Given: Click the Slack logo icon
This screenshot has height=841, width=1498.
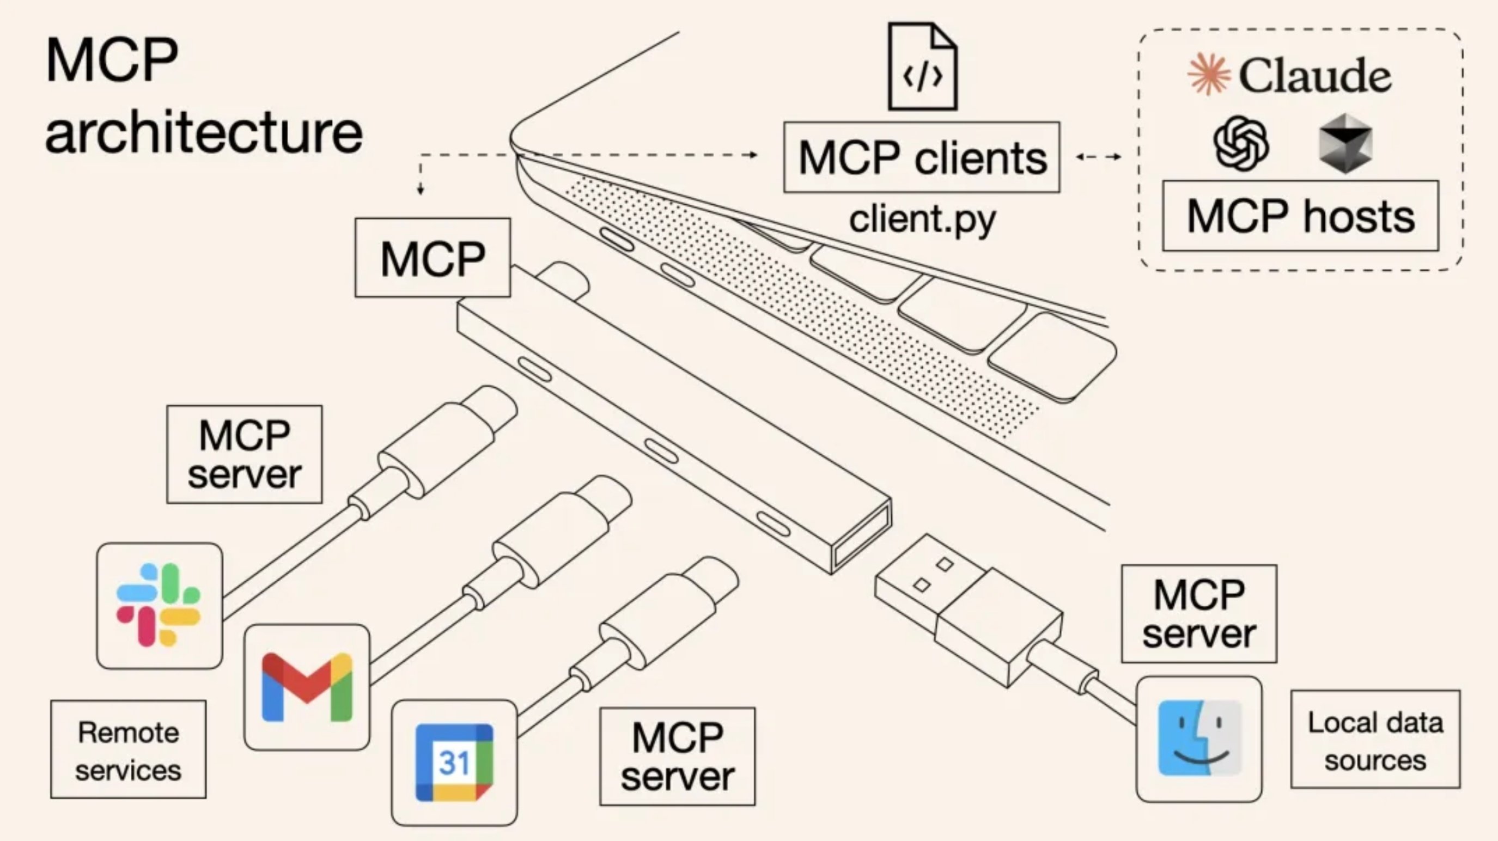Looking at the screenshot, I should [x=159, y=605].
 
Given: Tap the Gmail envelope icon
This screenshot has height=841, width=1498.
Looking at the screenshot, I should [x=307, y=687].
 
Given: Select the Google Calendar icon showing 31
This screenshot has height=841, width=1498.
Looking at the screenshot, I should [x=454, y=762].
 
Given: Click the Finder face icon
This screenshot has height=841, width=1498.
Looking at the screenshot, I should [x=1199, y=738].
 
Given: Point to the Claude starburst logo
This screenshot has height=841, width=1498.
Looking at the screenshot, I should [x=1208, y=74].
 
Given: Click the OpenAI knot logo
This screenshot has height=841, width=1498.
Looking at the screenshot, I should [x=1241, y=143].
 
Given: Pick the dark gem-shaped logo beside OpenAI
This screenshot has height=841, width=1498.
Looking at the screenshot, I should [x=1345, y=143].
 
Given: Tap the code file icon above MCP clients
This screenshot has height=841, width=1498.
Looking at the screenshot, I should [x=922, y=66].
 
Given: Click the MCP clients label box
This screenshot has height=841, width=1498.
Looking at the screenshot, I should [x=922, y=157].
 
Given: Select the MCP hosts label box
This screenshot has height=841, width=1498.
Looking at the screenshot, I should [x=1300, y=216].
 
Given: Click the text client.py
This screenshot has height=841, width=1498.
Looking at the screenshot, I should [x=922, y=220].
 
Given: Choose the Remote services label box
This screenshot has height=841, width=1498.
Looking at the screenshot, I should [x=128, y=749].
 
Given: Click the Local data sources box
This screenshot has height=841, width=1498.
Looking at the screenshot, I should [x=1375, y=739].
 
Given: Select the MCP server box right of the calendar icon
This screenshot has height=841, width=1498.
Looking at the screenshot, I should [x=677, y=756].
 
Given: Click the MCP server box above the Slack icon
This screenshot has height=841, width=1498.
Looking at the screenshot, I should [x=244, y=454].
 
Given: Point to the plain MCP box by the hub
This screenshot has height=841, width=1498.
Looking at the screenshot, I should [x=433, y=258].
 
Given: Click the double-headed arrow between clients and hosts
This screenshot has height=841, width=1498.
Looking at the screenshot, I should [x=1098, y=156].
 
